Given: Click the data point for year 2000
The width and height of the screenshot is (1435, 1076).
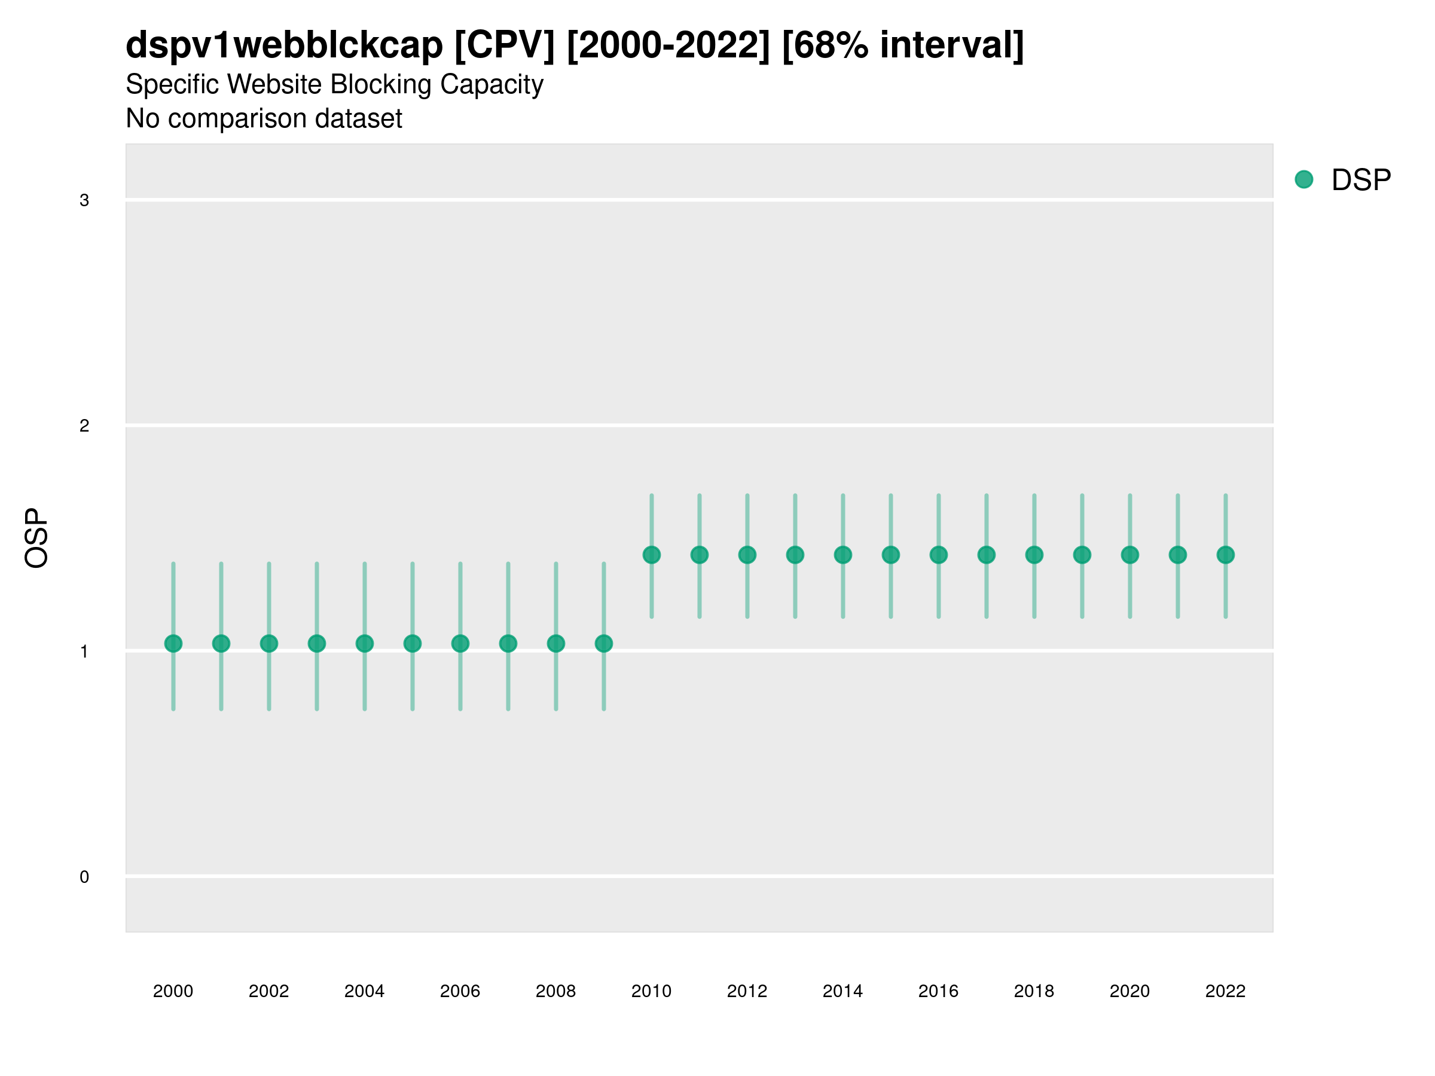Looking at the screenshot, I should tap(173, 643).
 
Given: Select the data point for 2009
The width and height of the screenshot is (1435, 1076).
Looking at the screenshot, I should tap(604, 643).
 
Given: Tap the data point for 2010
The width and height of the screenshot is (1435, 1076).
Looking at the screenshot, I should tap(651, 555).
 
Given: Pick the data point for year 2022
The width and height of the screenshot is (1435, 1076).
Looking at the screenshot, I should tap(1226, 555).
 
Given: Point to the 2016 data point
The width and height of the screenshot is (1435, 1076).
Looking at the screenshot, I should tap(939, 555).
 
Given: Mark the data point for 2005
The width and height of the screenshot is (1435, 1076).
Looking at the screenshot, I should tap(413, 643).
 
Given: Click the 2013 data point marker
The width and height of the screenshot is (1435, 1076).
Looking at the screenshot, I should tap(795, 555).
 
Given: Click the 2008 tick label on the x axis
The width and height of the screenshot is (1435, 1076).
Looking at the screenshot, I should tap(556, 991).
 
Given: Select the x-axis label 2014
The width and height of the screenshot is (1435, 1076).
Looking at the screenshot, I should tap(842, 991).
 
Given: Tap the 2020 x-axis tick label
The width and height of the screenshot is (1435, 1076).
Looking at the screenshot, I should tap(1129, 991).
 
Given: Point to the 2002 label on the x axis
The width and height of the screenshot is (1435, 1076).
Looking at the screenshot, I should tap(268, 991).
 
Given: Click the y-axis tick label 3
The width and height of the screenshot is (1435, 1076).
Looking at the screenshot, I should tap(84, 200).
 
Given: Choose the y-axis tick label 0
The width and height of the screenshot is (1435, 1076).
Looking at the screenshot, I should tap(84, 877).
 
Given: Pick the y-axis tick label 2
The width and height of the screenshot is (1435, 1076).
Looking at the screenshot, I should tap(84, 426).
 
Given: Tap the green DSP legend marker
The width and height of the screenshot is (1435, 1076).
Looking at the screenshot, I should tap(1304, 180).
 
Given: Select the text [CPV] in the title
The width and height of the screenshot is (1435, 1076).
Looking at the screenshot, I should tap(504, 45).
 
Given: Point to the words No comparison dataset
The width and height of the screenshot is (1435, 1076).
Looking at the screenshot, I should tap(264, 119).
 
